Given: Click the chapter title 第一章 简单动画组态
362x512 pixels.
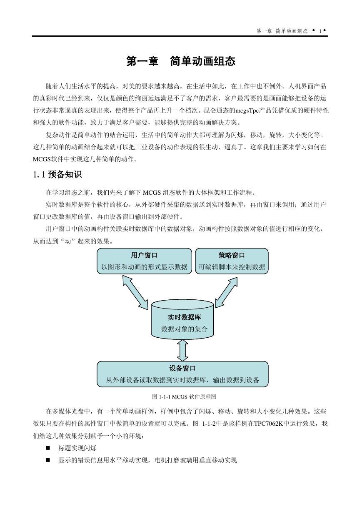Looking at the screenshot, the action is (x=181, y=61).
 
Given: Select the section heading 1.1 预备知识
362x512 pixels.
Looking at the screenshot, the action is (x=57, y=175).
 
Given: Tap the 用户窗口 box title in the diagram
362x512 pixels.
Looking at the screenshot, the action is (x=144, y=255).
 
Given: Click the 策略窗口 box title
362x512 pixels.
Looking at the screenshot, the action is (x=232, y=255).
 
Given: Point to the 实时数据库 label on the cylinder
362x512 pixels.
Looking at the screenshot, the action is (x=184, y=317).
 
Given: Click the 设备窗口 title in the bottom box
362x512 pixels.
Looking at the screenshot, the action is (x=182, y=368).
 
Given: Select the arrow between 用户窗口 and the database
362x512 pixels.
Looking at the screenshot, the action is (x=135, y=292).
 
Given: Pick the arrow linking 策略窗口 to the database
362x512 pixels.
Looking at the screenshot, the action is (x=226, y=292).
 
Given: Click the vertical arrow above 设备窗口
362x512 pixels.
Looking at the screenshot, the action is (x=183, y=350).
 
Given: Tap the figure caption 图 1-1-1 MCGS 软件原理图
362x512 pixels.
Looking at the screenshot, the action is (x=184, y=397).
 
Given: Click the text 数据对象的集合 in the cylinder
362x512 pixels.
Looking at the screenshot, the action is (x=184, y=329).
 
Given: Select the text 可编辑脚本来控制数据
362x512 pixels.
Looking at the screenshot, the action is (x=232, y=267).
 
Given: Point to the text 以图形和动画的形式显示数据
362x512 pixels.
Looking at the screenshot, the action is (x=145, y=267).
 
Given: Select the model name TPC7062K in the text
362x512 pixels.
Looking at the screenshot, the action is (x=268, y=424).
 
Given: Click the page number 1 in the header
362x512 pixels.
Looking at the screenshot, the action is (x=320, y=31).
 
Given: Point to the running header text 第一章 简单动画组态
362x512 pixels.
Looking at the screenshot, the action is (x=282, y=31).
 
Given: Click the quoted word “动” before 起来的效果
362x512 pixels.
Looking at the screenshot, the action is (x=68, y=241).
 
